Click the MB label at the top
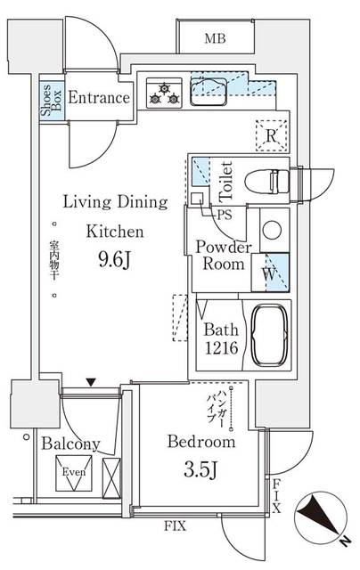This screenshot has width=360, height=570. coord(214,38)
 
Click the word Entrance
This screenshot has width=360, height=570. coord(98,98)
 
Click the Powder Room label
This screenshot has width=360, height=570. coord(223,256)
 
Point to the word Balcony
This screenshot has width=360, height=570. coord(70,443)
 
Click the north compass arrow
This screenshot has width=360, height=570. coord(320,517)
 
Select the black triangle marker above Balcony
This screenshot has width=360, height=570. coord(90,383)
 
